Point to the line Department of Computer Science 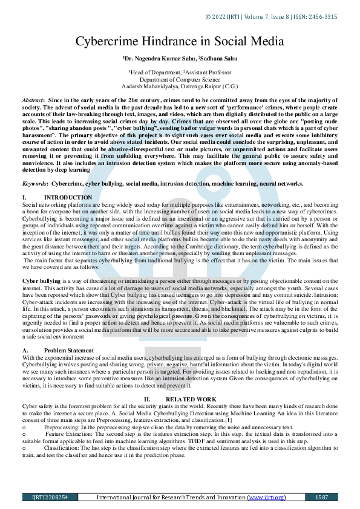point(179,79)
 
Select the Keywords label point(36,183)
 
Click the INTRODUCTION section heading point(68,198)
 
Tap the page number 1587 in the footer point(321,497)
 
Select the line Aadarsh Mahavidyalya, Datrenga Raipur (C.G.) point(179,86)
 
